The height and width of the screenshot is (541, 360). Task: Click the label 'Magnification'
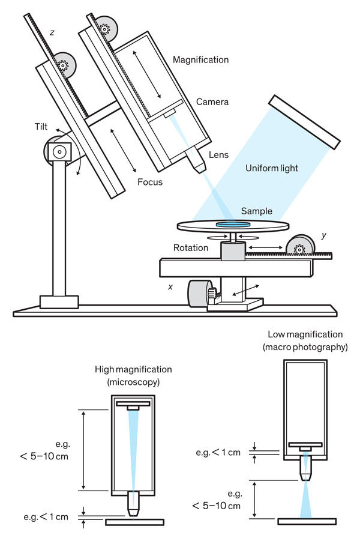[x=200, y=59]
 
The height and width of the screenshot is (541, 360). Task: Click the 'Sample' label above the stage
[x=256, y=211]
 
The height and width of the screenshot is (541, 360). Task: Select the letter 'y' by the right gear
[x=323, y=236]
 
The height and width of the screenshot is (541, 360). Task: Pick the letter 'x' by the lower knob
[x=170, y=287]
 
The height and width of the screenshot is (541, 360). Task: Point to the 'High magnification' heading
[x=133, y=369]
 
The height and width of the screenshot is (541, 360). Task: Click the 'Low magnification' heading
[x=305, y=334]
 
